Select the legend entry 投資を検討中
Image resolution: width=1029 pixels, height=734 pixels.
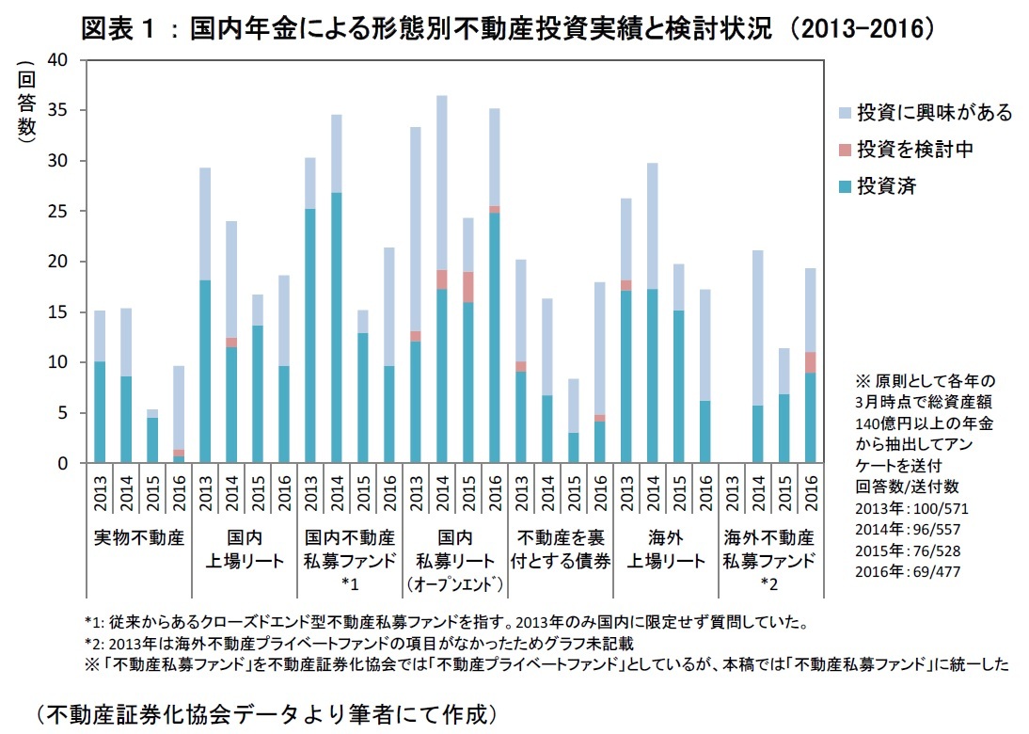[916, 150]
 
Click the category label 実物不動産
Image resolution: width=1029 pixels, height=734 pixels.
[138, 538]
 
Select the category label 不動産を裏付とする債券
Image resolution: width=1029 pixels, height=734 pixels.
[560, 550]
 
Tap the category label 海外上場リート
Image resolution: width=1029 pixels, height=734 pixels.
[665, 550]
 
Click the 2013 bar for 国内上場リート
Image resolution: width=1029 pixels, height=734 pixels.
[204, 367]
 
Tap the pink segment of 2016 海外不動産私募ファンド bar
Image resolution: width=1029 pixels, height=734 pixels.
[810, 362]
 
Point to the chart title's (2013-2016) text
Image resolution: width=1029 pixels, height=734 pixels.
[863, 28]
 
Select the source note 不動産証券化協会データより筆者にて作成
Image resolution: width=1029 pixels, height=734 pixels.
[265, 713]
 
